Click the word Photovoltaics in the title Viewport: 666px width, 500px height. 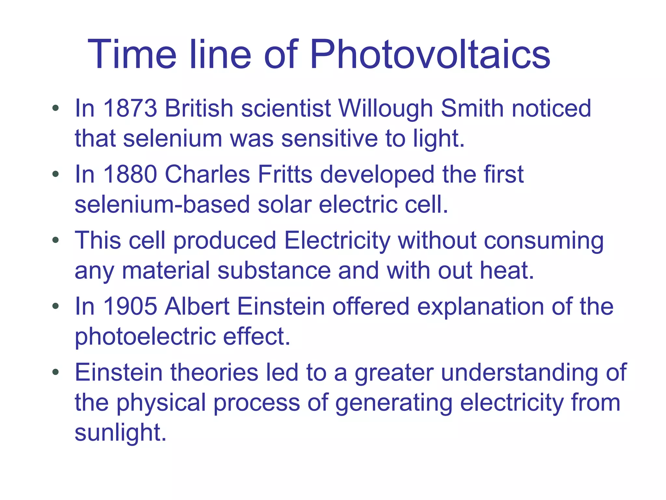[430, 54]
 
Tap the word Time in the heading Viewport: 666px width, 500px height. [132, 54]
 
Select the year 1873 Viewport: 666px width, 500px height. [130, 108]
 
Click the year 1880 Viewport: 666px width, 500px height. [130, 174]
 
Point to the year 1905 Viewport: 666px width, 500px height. [130, 306]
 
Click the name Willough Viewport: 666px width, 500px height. [385, 109]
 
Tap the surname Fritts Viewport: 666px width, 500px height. [285, 174]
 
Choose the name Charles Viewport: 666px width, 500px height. [207, 174]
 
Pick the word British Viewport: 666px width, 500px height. [199, 108]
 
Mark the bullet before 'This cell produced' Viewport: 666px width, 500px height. [56, 240]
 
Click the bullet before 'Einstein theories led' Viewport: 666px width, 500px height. [56, 372]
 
